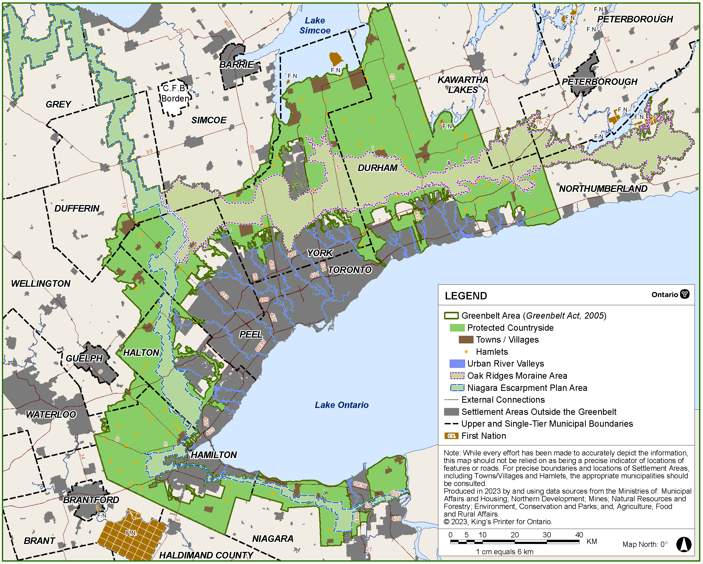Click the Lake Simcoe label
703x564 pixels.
(x=315, y=26)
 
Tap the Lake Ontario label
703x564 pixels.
(x=341, y=405)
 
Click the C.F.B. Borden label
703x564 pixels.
(x=175, y=93)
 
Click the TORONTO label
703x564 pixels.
(x=350, y=270)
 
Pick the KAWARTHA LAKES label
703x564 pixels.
(x=463, y=85)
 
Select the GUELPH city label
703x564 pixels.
(x=84, y=358)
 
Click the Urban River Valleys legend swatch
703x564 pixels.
(x=457, y=364)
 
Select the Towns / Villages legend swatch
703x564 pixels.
(x=466, y=339)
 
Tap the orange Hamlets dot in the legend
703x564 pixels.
(x=466, y=352)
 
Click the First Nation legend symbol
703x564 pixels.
(x=451, y=436)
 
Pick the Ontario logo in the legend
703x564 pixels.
(x=685, y=294)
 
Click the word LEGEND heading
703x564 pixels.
(x=466, y=296)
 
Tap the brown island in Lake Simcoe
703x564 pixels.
(x=336, y=59)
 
